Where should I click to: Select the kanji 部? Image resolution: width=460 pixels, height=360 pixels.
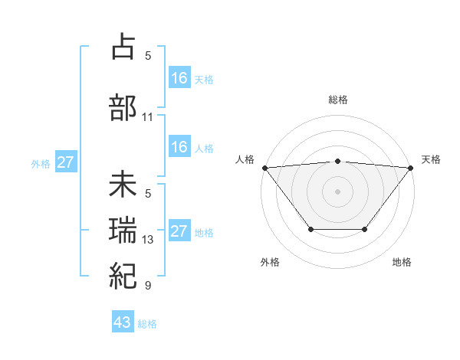[123, 107]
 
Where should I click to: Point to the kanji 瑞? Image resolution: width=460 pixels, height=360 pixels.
[123, 231]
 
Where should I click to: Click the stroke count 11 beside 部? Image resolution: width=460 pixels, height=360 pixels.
[148, 117]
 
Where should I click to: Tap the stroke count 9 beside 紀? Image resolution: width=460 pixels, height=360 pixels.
[148, 286]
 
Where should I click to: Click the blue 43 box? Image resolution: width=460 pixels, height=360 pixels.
[123, 322]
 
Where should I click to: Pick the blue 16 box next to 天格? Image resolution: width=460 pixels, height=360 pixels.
[179, 77]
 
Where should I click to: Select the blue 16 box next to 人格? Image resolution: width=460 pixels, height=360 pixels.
[179, 147]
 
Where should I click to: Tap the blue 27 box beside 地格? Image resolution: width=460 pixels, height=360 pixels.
[179, 231]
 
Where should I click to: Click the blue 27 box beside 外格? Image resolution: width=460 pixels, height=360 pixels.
[66, 162]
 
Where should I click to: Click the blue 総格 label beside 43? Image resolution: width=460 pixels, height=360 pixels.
[147, 324]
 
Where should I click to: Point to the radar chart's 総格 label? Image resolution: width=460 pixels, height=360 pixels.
[337, 100]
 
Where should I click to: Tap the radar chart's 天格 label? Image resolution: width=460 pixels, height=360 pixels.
[432, 159]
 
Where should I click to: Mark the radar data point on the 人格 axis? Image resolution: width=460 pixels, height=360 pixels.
[264, 167]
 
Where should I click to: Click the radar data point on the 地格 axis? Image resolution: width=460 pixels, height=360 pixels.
[365, 229]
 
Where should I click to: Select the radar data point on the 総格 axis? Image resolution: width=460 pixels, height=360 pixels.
[337, 161]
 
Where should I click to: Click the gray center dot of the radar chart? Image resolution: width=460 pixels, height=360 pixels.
[337, 191]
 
